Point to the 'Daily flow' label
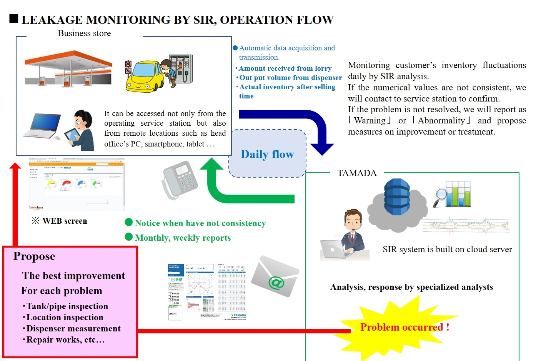[x=267, y=154]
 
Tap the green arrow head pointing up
[x=211, y=164]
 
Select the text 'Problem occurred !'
[x=404, y=327]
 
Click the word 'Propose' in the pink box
[x=34, y=256]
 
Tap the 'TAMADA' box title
[x=357, y=173]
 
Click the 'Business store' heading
[x=84, y=33]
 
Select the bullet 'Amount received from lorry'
[x=285, y=68]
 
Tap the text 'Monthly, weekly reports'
[x=183, y=238]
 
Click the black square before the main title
[x=14, y=18]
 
